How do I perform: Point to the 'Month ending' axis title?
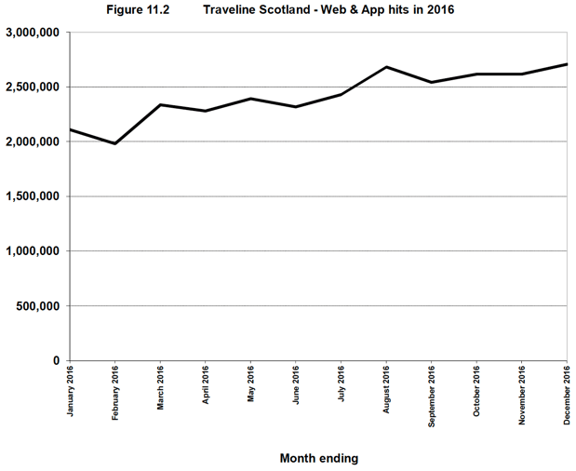[319, 458]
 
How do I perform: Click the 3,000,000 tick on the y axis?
[33, 33]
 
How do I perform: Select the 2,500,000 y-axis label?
[33, 87]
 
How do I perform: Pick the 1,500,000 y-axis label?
[33, 196]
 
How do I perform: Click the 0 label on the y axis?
[57, 361]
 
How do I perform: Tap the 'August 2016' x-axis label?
[386, 390]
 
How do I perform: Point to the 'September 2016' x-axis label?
[432, 396]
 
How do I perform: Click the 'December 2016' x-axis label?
[568, 395]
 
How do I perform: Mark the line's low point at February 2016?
[115, 143]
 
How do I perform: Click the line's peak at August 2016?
[386, 67]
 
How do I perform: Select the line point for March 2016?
[160, 104]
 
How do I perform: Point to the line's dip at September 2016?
[432, 82]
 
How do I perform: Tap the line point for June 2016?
[296, 107]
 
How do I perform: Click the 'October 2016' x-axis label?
[476, 392]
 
